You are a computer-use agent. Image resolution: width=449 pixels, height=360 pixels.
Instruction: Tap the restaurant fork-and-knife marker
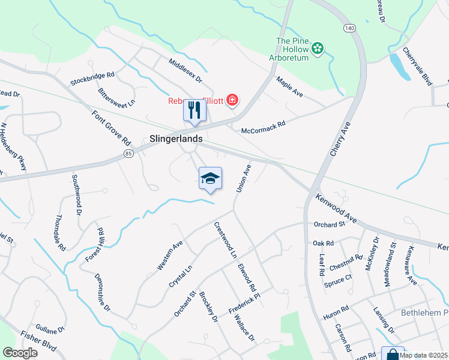click(194, 110)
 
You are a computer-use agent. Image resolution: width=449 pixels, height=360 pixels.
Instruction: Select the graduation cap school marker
click(210, 178)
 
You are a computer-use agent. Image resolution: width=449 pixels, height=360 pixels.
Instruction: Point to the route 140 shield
click(349, 28)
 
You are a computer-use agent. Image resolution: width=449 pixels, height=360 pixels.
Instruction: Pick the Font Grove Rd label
click(111, 128)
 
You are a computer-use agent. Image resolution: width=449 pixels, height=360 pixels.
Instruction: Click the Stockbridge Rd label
click(92, 77)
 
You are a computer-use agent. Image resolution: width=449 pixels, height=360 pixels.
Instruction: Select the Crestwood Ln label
click(225, 239)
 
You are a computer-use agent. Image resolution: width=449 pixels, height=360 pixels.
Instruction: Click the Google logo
click(20, 353)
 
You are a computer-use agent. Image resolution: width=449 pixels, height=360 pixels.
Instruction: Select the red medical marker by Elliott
click(232, 100)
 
